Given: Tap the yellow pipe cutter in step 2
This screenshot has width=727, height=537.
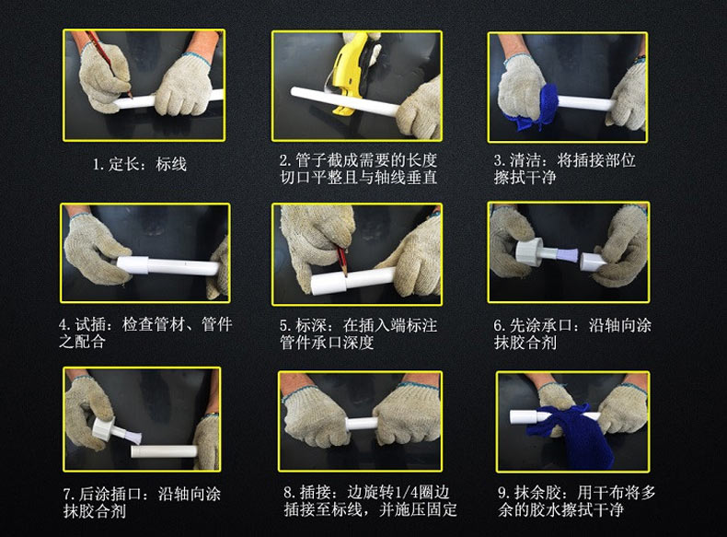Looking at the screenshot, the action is (x=349, y=70).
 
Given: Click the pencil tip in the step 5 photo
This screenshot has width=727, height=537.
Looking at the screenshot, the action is (x=345, y=274).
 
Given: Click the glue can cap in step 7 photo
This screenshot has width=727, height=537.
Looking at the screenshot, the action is (x=103, y=428).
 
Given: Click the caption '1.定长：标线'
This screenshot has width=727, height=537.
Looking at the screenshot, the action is (x=140, y=164).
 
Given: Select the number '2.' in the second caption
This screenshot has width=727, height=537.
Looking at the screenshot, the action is (x=286, y=160).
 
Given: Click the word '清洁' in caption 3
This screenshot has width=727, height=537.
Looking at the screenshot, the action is (x=525, y=160).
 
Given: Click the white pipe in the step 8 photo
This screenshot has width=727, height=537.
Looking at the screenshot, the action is (x=363, y=424).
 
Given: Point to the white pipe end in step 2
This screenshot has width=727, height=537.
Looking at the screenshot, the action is (x=294, y=91).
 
